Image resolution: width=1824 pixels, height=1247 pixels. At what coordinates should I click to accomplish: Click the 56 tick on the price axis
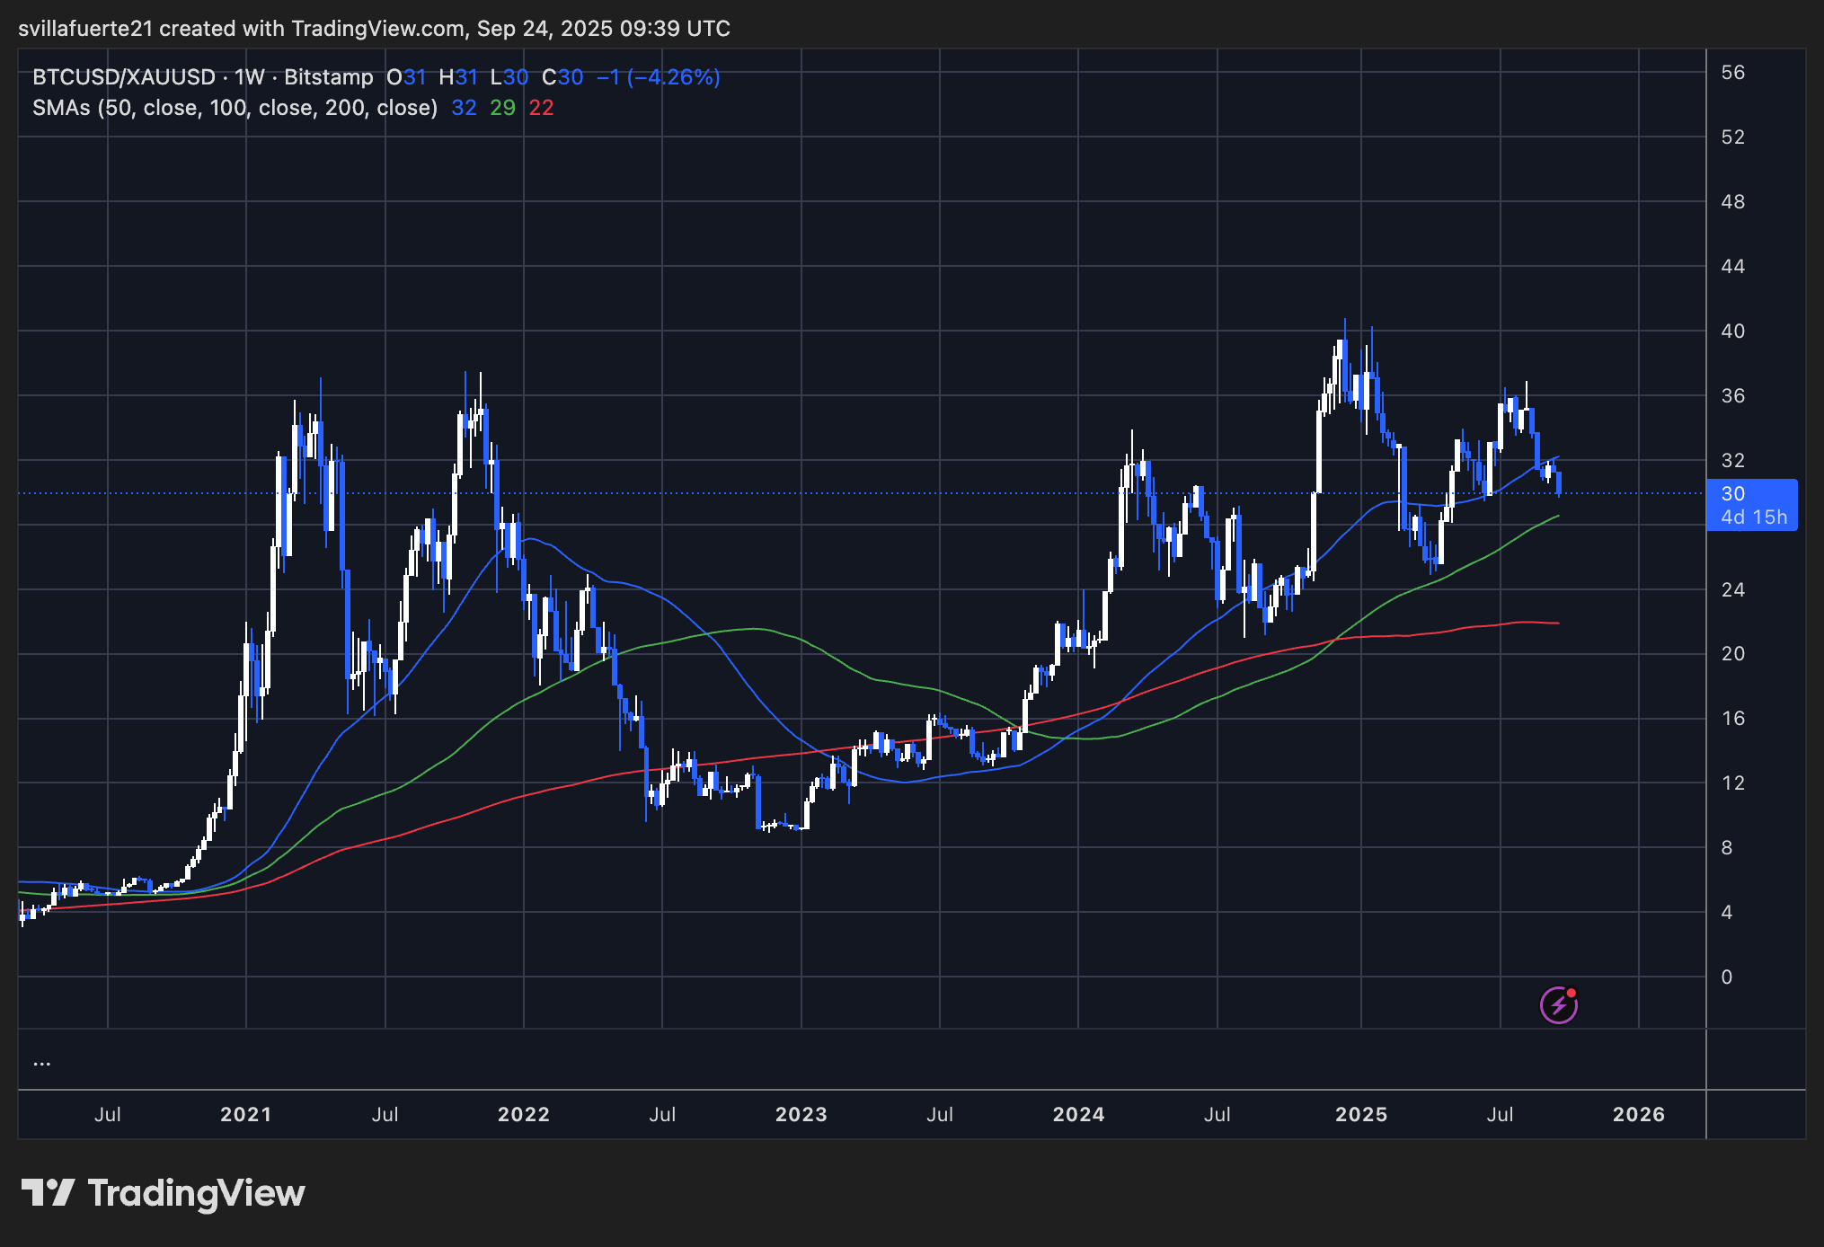(x=1732, y=73)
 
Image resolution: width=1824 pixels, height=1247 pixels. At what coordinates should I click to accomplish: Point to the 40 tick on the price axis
(x=1732, y=331)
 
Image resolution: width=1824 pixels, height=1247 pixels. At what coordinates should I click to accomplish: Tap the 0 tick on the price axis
(x=1726, y=977)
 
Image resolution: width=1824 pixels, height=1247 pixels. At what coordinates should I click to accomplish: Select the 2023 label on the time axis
(x=801, y=1114)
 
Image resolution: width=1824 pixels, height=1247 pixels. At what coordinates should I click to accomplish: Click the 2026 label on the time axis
(x=1638, y=1114)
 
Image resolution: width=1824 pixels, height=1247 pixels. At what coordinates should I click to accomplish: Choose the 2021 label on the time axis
(x=245, y=1114)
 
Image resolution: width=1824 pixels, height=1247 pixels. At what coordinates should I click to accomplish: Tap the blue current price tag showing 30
(x=1732, y=493)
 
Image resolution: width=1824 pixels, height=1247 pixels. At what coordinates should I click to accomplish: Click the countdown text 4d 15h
(x=1753, y=517)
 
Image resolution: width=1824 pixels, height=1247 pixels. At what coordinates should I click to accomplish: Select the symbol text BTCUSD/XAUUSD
(x=123, y=77)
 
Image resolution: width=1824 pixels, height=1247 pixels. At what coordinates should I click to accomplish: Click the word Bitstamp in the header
(x=328, y=77)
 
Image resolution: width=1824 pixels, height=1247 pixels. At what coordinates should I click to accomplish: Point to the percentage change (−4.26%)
(x=673, y=77)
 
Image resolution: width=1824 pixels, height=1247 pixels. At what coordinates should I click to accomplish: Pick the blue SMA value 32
(x=464, y=108)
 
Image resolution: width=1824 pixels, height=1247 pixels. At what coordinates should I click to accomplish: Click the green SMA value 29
(x=502, y=108)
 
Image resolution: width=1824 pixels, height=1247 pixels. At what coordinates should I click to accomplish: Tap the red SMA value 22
(x=541, y=108)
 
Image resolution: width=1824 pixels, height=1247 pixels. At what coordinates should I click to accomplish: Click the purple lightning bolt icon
(x=1558, y=1004)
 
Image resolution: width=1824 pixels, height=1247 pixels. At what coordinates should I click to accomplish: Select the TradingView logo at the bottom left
(x=164, y=1193)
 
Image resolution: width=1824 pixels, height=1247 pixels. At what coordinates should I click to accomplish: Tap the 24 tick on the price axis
(x=1732, y=589)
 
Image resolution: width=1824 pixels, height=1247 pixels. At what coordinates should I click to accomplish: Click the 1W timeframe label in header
(x=250, y=77)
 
